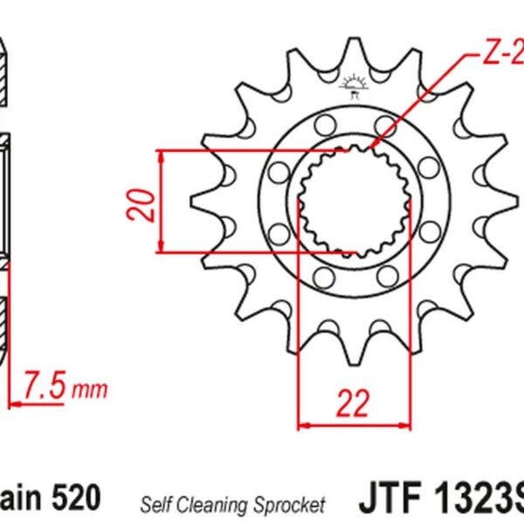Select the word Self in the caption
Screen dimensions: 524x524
155,504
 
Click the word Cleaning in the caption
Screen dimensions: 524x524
212,504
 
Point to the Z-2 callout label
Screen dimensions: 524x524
502,57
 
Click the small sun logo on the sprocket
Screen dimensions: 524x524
355,86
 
